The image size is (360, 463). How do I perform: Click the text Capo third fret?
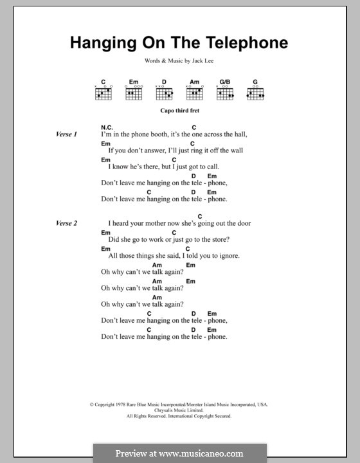point(179,111)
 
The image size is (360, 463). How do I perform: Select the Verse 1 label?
point(66,134)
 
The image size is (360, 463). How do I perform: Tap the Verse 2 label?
point(66,223)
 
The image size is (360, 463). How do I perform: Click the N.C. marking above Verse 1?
point(107,127)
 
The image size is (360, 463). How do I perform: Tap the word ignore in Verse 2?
point(227,255)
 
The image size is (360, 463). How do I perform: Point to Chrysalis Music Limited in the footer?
point(179,410)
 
